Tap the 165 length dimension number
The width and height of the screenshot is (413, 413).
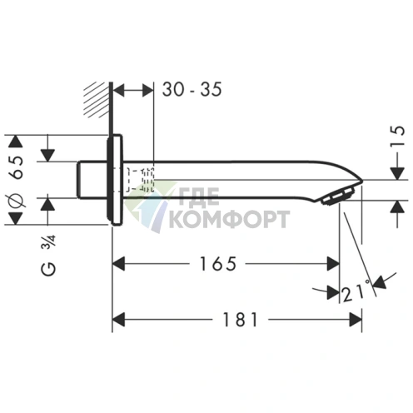pyautogui.click(x=219, y=264)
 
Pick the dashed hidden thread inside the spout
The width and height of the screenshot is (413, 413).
pyautogui.click(x=139, y=179)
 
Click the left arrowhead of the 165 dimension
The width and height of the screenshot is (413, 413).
pyautogui.click(x=118, y=264)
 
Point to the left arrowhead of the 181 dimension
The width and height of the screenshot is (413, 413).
pyautogui.click(x=118, y=318)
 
